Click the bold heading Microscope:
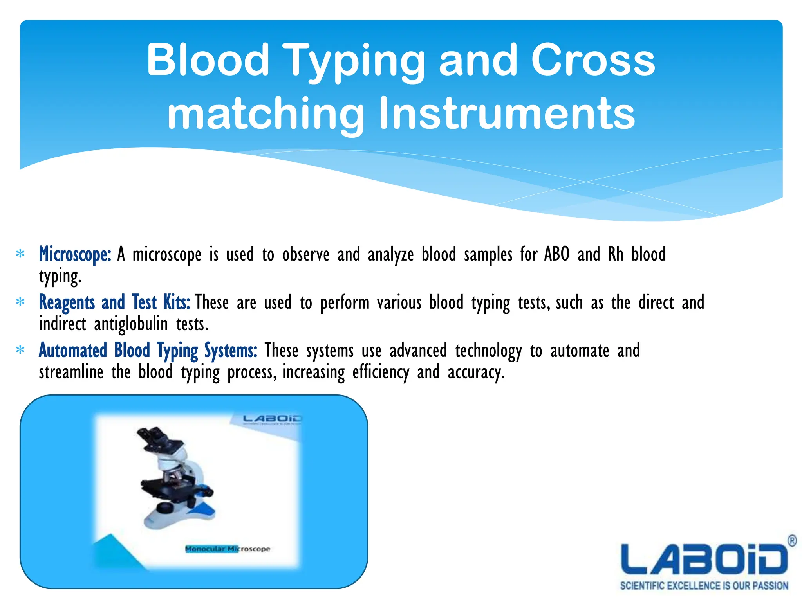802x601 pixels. coord(75,254)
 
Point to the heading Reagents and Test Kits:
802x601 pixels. coord(114,302)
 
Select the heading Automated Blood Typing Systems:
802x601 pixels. coord(148,350)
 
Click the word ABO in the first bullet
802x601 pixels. coord(556,254)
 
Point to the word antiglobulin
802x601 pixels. coord(131,324)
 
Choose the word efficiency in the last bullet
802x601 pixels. coord(381,372)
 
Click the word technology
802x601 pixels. coord(488,350)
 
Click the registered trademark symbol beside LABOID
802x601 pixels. coord(791,541)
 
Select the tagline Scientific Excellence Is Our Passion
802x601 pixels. coord(704,586)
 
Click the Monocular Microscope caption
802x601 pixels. coord(228,549)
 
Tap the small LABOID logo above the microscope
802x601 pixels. coord(272,419)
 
